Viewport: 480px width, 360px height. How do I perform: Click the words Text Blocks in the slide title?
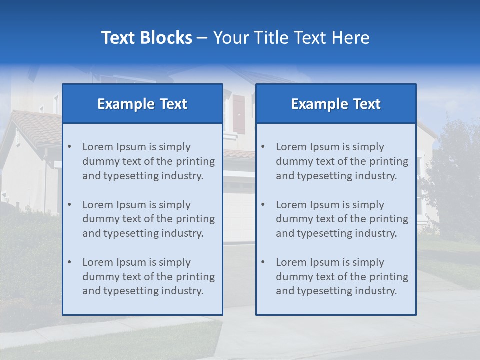[146, 38]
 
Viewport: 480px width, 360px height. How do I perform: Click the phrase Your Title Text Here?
[291, 38]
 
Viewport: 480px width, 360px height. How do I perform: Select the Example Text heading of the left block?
[142, 104]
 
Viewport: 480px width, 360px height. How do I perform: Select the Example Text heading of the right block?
[336, 104]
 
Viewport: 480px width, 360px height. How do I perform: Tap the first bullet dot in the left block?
[69, 147]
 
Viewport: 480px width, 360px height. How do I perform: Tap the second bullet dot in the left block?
[69, 205]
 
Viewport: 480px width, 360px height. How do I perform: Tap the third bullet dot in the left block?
[69, 262]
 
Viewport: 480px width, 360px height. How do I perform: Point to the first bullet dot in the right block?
[263, 147]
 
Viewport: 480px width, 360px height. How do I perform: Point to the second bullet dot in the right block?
[263, 205]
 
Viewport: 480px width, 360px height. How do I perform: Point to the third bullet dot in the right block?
[263, 262]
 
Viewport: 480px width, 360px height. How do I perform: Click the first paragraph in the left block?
[148, 161]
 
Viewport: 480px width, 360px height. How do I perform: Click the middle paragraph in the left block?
[148, 219]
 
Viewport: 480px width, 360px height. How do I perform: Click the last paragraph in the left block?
[148, 277]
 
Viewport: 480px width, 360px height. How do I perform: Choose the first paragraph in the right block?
[342, 161]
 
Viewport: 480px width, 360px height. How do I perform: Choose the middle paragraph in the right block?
[342, 219]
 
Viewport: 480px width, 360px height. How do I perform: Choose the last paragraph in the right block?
[342, 277]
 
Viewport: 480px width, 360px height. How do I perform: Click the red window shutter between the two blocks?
[239, 114]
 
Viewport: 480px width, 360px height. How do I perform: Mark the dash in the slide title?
[202, 38]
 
